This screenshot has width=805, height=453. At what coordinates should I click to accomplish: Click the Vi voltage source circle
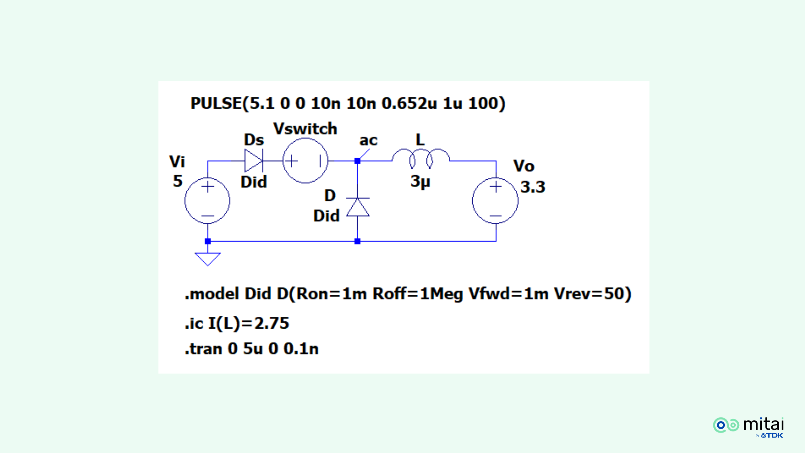[x=207, y=201]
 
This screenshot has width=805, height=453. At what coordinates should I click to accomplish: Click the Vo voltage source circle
[x=495, y=201]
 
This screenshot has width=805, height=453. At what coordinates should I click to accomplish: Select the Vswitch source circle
[x=305, y=161]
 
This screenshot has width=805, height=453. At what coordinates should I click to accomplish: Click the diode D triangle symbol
[x=358, y=207]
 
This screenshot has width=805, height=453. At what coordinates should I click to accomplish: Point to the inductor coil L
[x=420, y=158]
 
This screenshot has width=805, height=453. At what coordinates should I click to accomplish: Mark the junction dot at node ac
[x=357, y=161]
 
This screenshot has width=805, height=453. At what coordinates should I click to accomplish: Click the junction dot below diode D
[x=357, y=241]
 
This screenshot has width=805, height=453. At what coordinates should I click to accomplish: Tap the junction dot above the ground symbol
[x=208, y=241]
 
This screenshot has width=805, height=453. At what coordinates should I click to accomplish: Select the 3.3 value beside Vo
[x=533, y=187]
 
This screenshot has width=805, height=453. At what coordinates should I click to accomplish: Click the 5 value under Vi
[x=178, y=181]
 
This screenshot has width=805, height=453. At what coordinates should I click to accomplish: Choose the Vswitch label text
[x=305, y=129]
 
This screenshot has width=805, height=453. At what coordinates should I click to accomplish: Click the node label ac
[x=368, y=140]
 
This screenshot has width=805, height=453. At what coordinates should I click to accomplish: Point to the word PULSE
[x=216, y=104]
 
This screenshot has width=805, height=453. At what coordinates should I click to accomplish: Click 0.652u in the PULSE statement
[x=409, y=104]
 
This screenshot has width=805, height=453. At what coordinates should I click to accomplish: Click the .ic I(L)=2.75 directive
[x=237, y=323]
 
